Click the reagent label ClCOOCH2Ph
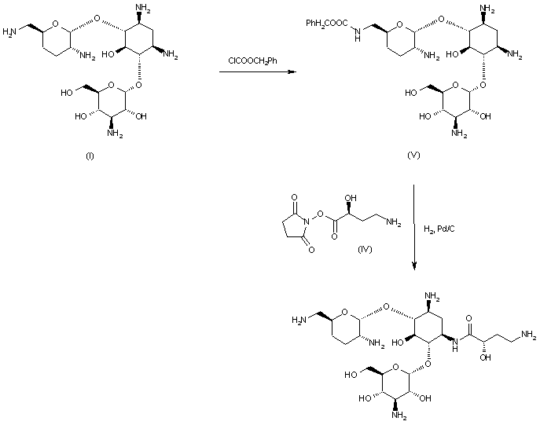250,60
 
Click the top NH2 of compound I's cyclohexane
142,9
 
